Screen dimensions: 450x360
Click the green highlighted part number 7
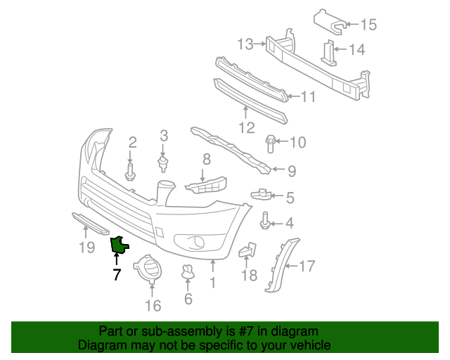(119, 245)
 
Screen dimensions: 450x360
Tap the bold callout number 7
(117, 274)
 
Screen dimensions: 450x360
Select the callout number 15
(368, 25)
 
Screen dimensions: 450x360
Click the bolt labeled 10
(270, 143)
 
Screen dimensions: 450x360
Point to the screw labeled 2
(130, 172)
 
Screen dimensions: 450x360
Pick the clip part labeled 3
(163, 164)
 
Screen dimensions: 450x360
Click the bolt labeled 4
(264, 221)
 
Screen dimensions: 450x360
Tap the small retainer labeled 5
(261, 194)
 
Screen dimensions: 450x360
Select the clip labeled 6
(188, 271)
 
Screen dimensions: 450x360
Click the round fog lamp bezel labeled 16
(148, 269)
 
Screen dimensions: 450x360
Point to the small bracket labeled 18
(248, 249)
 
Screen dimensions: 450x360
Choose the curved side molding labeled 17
(281, 265)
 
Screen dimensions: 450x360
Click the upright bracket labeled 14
(328, 53)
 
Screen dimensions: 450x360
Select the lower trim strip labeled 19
(91, 224)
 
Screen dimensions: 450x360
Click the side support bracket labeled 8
(207, 185)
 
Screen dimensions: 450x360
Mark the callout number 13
(245, 45)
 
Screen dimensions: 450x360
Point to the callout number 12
(247, 128)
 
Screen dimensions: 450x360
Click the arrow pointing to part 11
(294, 96)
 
